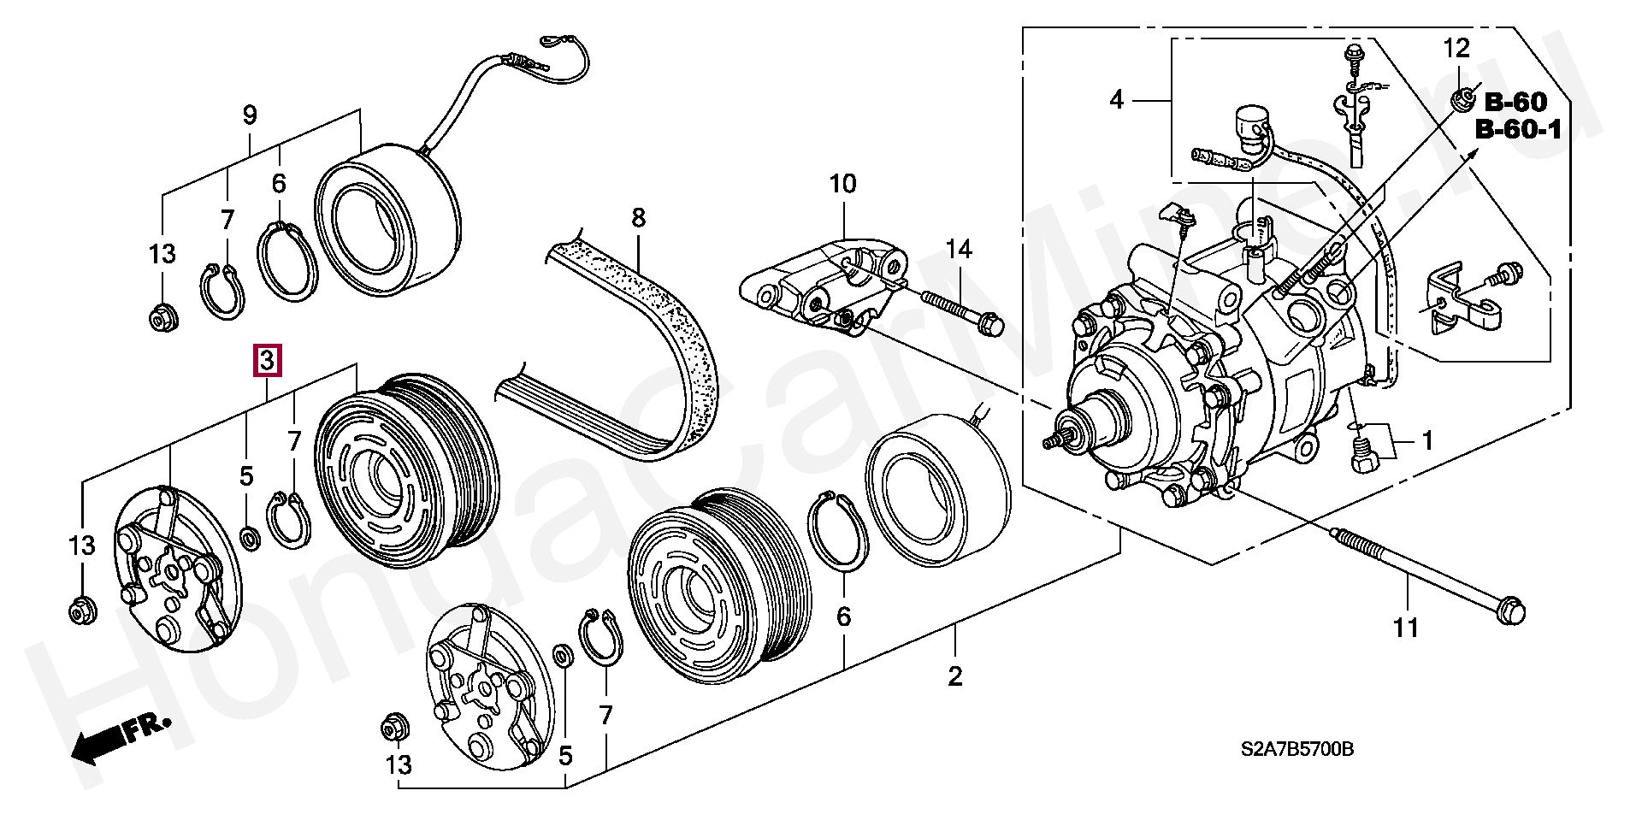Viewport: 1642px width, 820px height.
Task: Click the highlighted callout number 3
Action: (x=267, y=360)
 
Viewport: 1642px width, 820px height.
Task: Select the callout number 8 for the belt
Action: (x=638, y=218)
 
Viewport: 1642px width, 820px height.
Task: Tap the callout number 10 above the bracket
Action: (x=842, y=184)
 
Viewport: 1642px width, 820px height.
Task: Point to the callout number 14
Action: (x=959, y=250)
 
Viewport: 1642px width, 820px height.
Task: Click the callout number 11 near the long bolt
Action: (x=1405, y=628)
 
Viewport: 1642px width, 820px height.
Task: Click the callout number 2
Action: (x=955, y=676)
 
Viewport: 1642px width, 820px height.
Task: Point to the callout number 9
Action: (x=250, y=115)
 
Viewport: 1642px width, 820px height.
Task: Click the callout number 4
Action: (x=1116, y=100)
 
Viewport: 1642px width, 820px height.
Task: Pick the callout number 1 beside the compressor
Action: (x=1426, y=441)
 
